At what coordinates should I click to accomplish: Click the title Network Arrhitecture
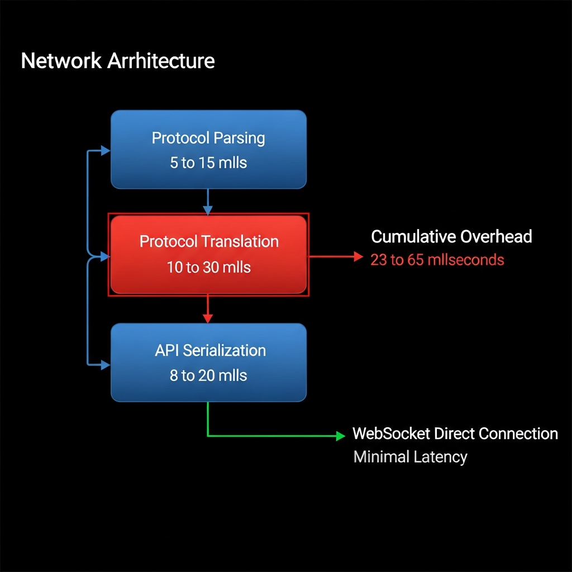point(118,60)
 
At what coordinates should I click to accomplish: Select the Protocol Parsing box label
point(208,137)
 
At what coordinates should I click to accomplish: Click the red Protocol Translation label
point(209,241)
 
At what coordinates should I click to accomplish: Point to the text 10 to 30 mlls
point(209,267)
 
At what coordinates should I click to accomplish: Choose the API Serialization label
point(210,350)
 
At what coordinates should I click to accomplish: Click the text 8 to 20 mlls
point(208,375)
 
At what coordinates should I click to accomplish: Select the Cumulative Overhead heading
point(451,236)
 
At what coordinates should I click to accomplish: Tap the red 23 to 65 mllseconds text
point(437,260)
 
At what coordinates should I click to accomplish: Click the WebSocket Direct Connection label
point(455,433)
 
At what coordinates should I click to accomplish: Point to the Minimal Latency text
point(410,457)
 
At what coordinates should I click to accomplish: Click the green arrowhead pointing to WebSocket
point(341,436)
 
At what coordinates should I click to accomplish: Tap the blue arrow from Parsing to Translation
point(208,201)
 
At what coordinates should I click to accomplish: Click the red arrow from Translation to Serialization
point(208,308)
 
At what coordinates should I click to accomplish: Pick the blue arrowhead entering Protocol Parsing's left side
point(105,149)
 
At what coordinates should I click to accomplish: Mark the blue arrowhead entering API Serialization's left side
point(105,365)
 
